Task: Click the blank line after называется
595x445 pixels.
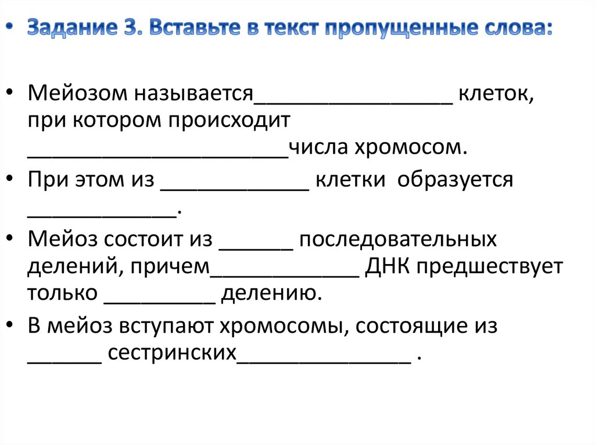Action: pos(353,99)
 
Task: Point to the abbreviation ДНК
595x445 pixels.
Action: pos(388,267)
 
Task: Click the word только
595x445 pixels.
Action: pos(62,294)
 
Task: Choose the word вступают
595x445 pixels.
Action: pos(168,326)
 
